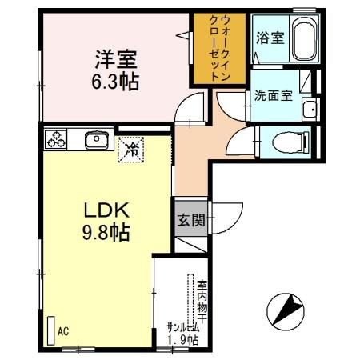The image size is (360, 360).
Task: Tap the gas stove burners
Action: (57, 140)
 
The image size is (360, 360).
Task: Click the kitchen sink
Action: (96, 141)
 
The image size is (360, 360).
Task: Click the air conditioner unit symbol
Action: (50, 329)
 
